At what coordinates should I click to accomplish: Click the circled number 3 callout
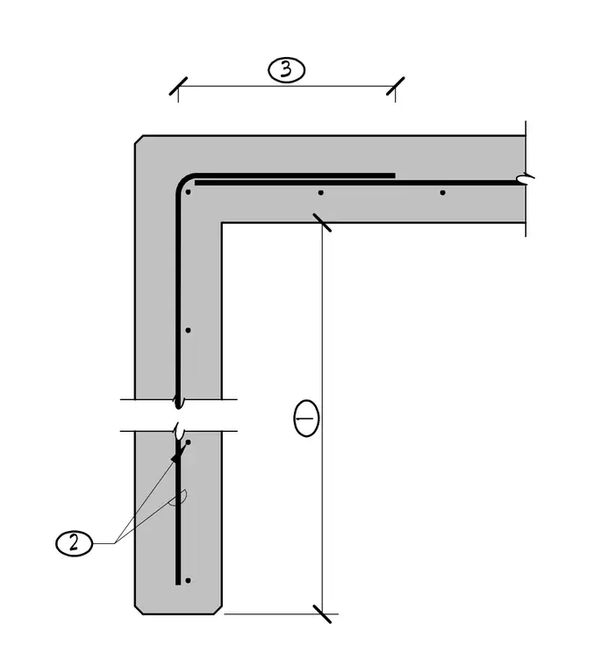point(286,69)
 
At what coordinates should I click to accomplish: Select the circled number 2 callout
point(74,543)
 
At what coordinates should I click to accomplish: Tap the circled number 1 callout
point(306,418)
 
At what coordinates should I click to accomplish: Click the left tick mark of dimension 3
point(178,86)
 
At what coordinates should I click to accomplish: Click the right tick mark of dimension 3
point(396,86)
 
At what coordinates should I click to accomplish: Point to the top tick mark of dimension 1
point(322,222)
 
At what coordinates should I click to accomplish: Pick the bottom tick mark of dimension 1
point(322,613)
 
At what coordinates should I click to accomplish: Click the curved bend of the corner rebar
point(182,181)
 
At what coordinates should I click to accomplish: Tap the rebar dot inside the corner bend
point(188,192)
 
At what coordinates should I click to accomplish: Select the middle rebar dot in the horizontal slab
point(320,193)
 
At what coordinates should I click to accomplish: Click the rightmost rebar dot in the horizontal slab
point(442,193)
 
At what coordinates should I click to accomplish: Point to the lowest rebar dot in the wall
point(188,580)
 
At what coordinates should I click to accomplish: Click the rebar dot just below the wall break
point(188,442)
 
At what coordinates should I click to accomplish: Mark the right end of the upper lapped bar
point(395,176)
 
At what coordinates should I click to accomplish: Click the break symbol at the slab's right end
point(525,179)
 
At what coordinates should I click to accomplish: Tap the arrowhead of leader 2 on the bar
point(175,458)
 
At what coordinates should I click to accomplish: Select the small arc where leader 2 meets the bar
point(181,498)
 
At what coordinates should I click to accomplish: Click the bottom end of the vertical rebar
point(178,584)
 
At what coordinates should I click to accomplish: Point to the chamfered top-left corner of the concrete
point(139,140)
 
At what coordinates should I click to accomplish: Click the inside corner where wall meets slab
point(221,222)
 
